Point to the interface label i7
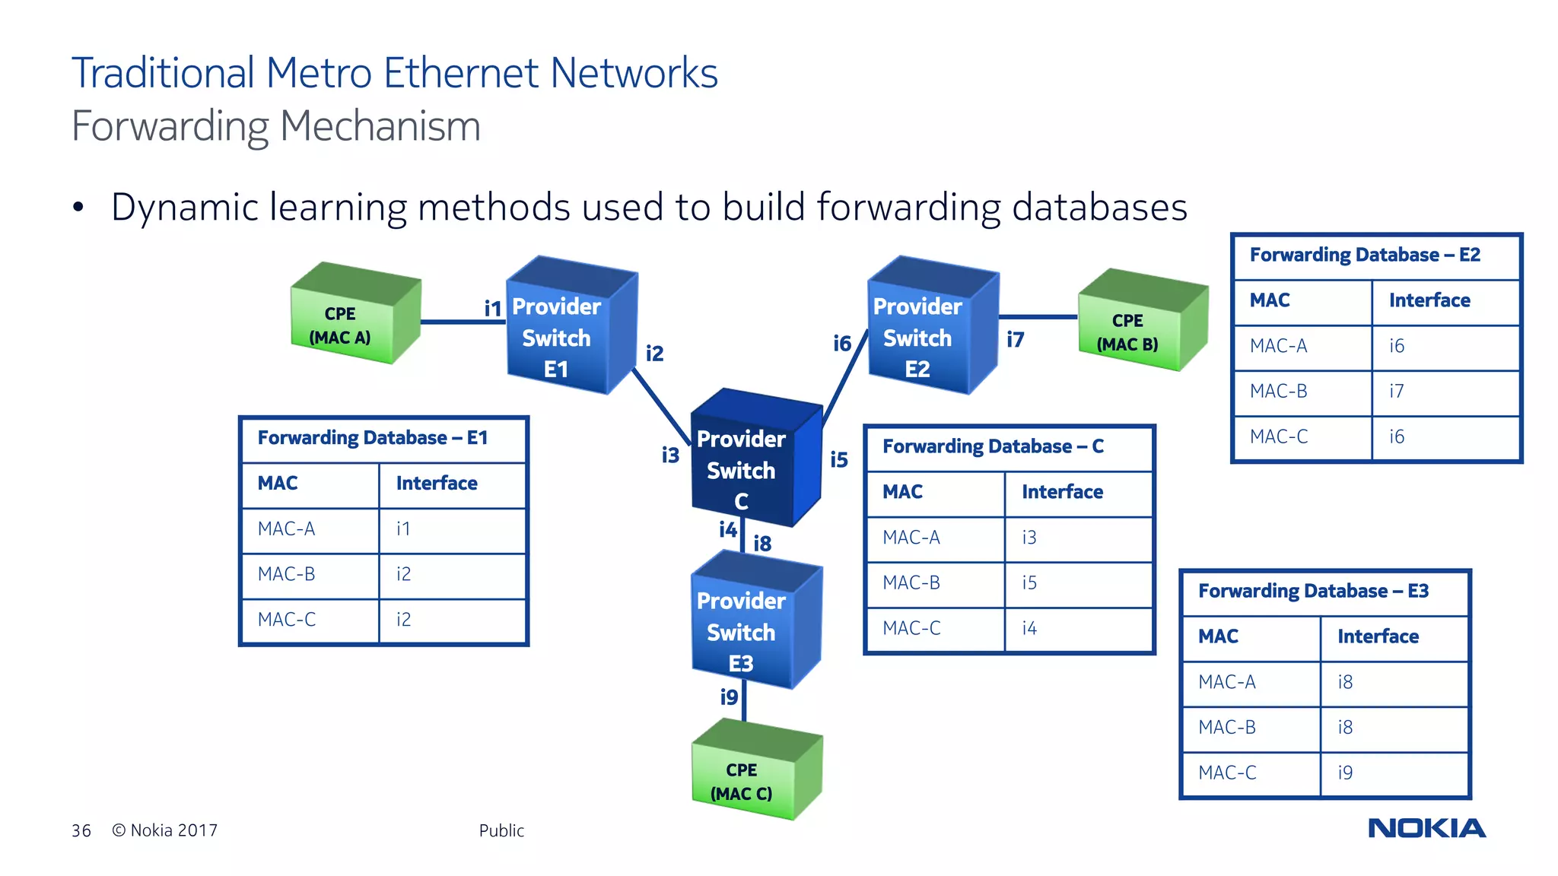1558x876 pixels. coord(1015,340)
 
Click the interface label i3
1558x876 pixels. coord(669,455)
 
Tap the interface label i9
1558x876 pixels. coord(729,697)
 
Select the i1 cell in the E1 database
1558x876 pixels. coord(403,529)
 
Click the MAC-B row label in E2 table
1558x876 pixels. coord(1278,392)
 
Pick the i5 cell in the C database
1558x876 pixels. coord(1029,583)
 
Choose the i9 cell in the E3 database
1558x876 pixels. coord(1345,773)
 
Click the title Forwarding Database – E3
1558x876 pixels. coord(1313,592)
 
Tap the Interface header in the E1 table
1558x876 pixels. coord(437,484)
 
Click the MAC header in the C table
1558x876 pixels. coord(902,492)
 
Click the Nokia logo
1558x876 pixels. coord(1426,828)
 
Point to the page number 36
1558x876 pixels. coord(81,830)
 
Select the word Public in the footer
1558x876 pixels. coord(501,830)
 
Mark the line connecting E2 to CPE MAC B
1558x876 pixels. coord(1038,317)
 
